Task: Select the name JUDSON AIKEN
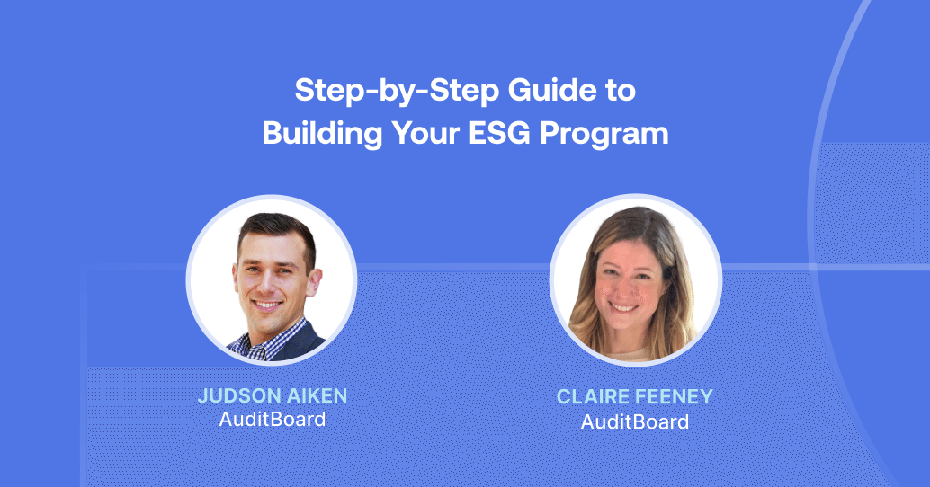pyautogui.click(x=272, y=396)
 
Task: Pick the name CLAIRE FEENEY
pyautogui.click(x=635, y=397)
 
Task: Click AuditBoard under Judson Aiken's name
pyautogui.click(x=272, y=419)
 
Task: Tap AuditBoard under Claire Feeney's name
pyautogui.click(x=635, y=421)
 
